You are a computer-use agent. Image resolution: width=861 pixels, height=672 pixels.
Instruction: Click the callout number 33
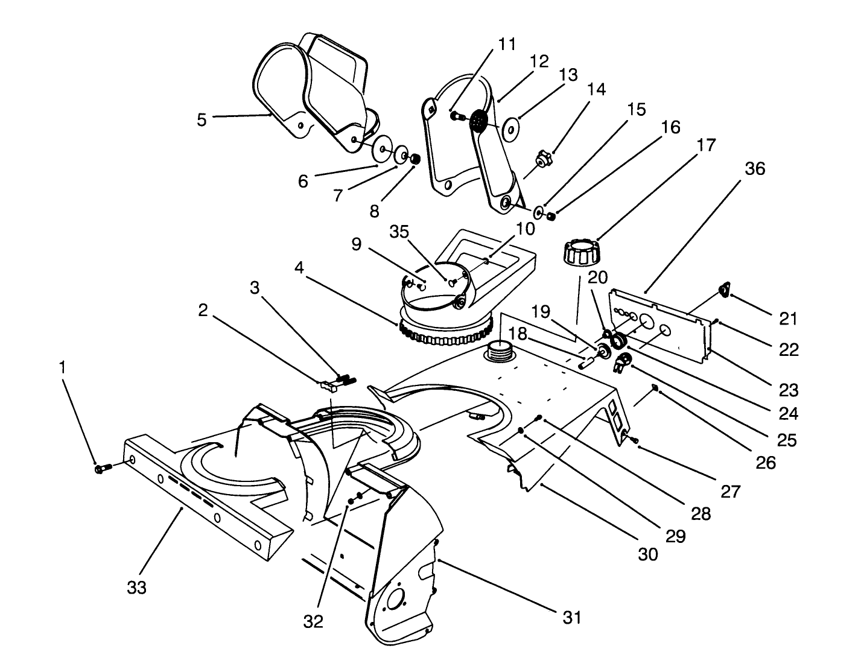136,588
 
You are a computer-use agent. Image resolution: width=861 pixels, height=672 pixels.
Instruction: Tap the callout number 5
202,119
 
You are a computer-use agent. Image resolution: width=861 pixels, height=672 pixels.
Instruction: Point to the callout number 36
754,169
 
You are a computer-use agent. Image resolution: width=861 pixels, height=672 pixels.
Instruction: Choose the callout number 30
647,554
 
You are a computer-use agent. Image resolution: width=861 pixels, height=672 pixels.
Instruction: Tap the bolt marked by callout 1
101,468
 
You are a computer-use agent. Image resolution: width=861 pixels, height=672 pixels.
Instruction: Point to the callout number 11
507,44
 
